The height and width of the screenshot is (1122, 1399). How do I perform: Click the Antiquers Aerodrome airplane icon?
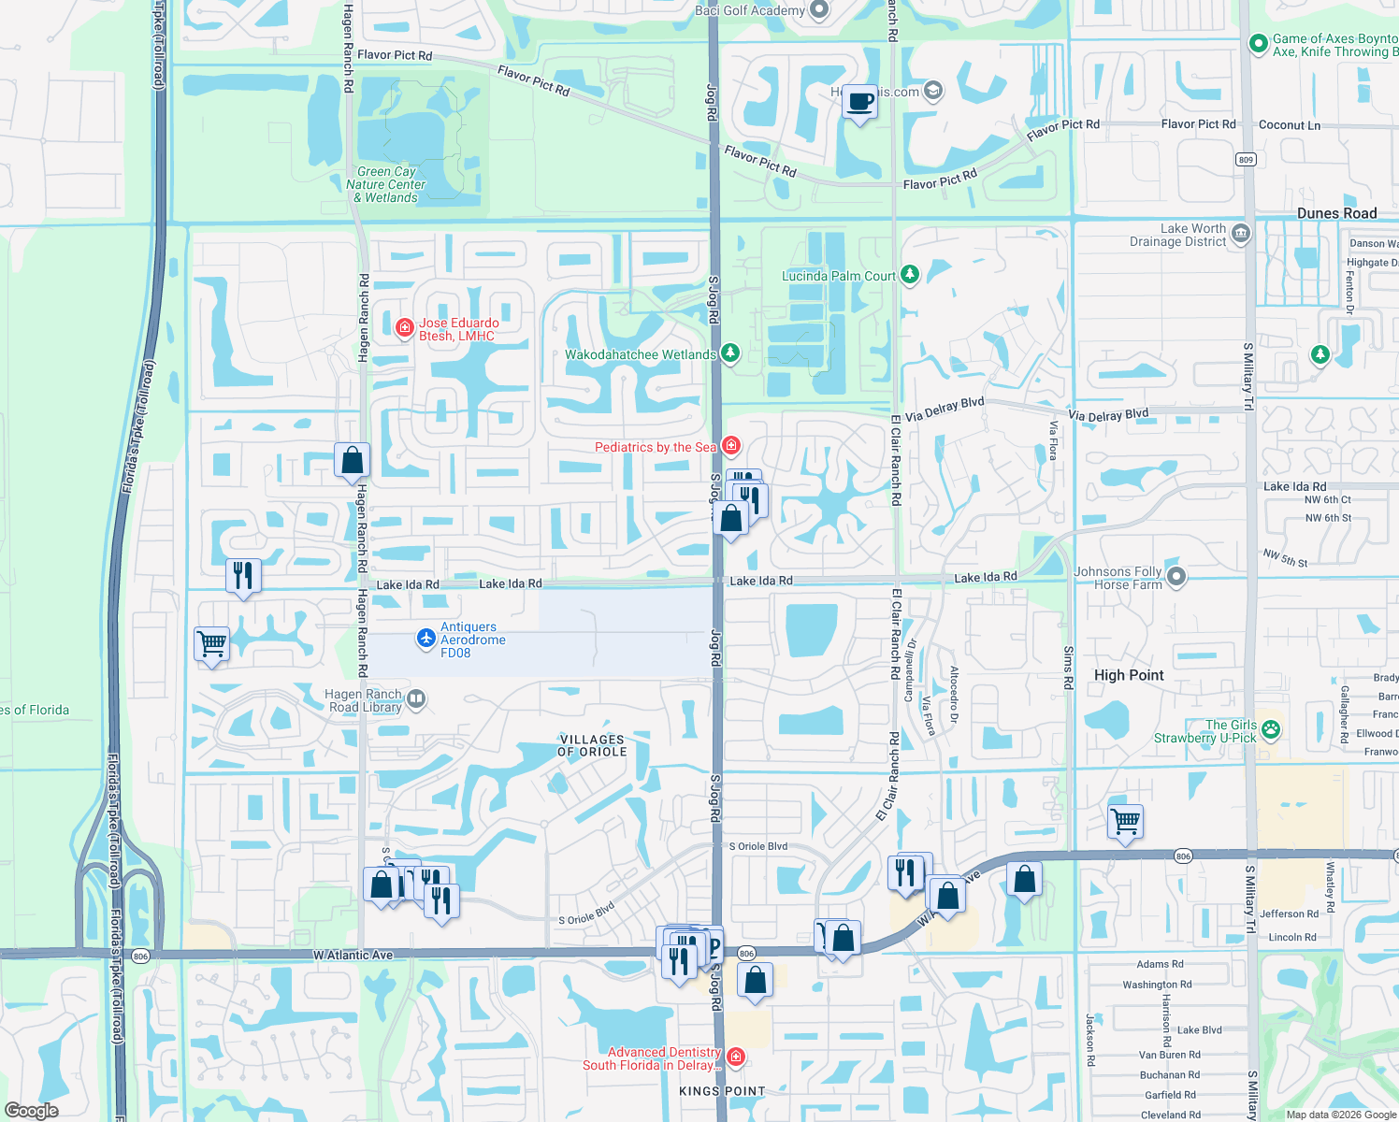click(426, 638)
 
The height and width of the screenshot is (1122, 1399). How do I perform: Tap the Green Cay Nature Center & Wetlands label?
click(386, 184)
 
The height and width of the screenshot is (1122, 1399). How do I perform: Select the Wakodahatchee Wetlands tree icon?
click(730, 353)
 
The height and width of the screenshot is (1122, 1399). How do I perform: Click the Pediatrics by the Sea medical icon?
click(731, 446)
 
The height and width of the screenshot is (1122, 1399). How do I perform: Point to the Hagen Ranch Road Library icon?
click(417, 698)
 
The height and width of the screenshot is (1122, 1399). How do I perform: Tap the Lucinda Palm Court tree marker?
click(910, 275)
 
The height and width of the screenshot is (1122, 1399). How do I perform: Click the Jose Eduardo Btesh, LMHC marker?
click(405, 327)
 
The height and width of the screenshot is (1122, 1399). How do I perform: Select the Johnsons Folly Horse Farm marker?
click(1176, 577)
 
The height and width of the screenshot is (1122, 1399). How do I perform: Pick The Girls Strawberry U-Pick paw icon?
click(1271, 729)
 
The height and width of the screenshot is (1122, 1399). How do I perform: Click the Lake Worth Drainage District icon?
click(1241, 233)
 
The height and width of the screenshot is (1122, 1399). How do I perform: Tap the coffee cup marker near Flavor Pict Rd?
click(859, 101)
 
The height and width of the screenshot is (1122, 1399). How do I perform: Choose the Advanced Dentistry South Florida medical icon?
click(736, 1057)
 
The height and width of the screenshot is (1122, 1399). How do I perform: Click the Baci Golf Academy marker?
click(819, 10)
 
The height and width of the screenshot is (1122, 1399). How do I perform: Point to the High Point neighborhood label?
click(1129, 675)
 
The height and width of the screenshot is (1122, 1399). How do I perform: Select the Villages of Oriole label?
click(592, 745)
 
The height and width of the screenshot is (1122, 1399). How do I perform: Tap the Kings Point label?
click(722, 1091)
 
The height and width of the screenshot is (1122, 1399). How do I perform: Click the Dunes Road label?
click(1336, 213)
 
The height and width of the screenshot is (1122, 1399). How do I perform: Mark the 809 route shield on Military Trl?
click(1246, 159)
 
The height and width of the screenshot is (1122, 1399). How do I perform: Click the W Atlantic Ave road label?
click(353, 956)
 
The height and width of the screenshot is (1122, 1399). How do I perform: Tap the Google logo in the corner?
click(32, 1110)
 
